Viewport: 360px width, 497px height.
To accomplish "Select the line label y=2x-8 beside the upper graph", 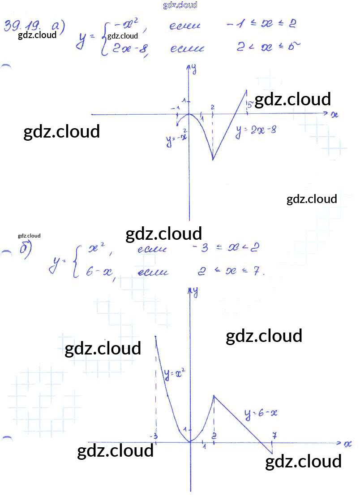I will click(257, 130).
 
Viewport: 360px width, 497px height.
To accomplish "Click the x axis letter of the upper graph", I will click(334, 115).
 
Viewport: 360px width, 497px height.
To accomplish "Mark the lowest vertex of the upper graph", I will click(213, 160).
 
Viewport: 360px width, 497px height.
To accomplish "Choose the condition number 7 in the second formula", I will click(257, 272).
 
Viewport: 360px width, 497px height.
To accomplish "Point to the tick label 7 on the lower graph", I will click(274, 435).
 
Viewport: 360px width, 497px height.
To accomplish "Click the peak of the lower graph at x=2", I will click(214, 395).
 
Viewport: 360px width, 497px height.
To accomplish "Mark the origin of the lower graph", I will click(190, 442).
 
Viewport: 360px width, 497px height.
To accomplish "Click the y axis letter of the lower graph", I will click(195, 292).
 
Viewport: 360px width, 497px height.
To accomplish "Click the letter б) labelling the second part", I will click(25, 249).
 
